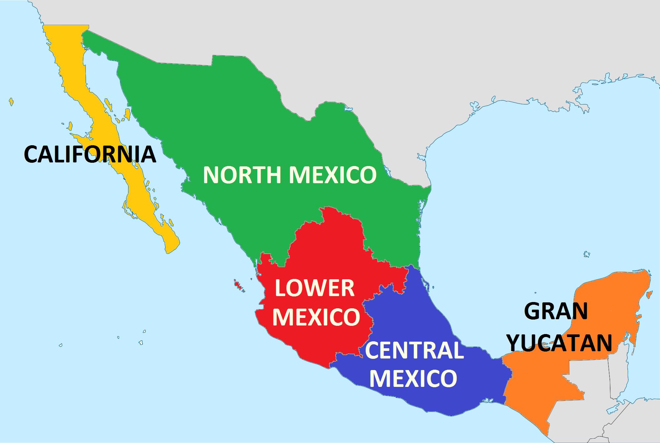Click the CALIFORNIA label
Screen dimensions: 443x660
coord(90,154)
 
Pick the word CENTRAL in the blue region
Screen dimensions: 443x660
coord(414,351)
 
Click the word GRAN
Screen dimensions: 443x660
coord(556,311)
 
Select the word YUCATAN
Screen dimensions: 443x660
coord(560,342)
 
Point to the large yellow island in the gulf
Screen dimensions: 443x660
coord(126,116)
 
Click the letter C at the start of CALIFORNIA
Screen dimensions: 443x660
coord(32,154)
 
